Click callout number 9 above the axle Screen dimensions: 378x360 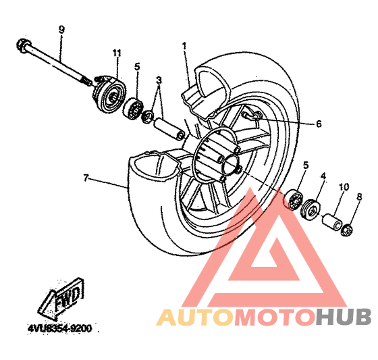(61, 30)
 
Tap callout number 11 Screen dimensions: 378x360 (117, 53)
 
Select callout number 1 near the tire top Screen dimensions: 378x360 (184, 46)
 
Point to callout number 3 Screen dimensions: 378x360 (159, 80)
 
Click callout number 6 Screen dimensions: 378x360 (319, 124)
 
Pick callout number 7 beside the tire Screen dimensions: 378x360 (86, 178)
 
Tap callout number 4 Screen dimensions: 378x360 (323, 176)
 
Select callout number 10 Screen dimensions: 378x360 (344, 187)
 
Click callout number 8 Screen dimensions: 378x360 (359, 197)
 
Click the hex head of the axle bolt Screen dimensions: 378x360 (24, 46)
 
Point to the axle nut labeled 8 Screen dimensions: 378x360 (347, 230)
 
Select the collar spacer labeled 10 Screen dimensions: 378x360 (332, 222)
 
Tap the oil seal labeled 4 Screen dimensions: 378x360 (310, 209)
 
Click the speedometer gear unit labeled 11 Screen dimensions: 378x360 (109, 93)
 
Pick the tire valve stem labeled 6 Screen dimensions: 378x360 (250, 115)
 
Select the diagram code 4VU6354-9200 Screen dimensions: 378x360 (60, 329)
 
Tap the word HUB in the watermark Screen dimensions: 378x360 (344, 317)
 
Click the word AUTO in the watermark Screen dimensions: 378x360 (195, 317)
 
